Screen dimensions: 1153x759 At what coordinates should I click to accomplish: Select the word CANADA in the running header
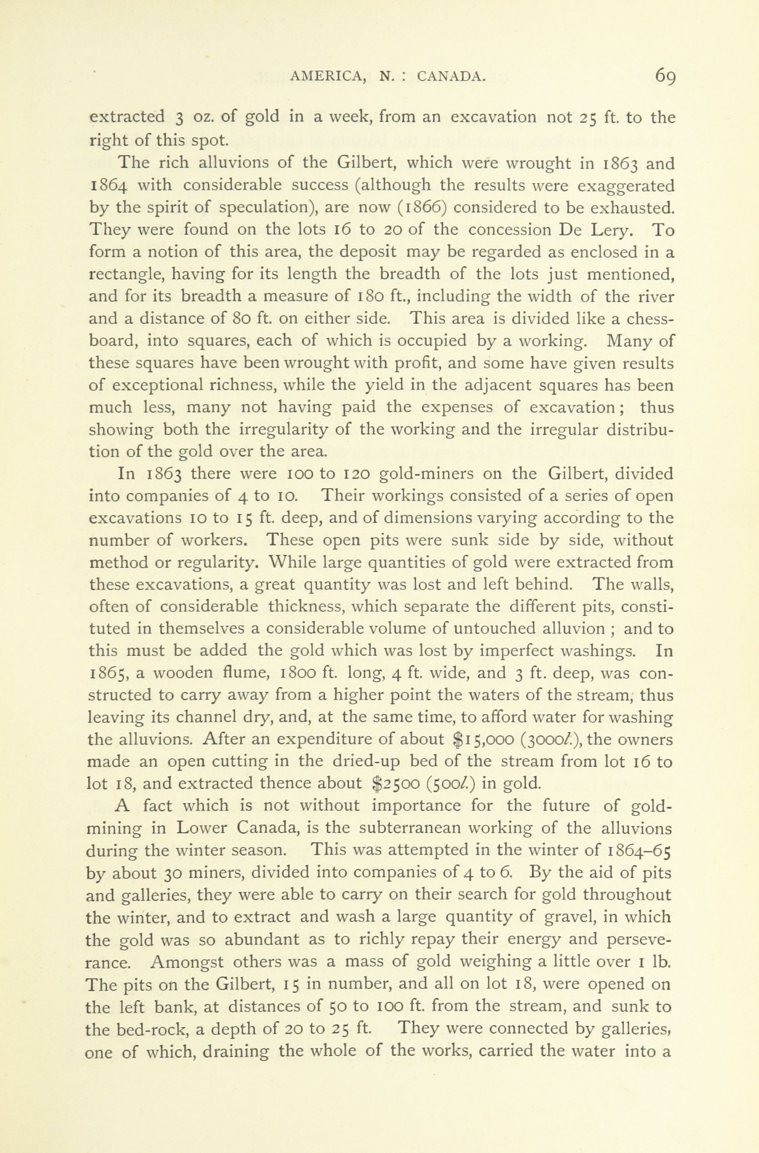coord(451,76)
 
